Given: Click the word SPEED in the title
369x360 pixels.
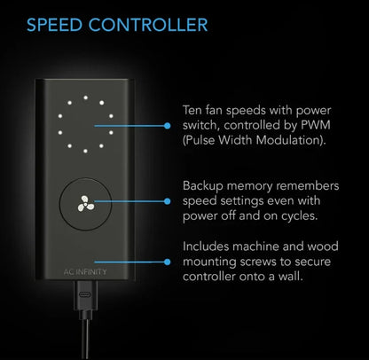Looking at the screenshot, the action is [54, 25].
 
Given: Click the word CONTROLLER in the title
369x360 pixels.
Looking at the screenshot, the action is [148, 25].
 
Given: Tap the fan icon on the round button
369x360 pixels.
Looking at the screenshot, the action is [86, 204].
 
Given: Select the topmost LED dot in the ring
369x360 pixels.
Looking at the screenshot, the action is [85, 98].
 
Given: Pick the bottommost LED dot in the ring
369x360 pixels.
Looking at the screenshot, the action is [85, 151].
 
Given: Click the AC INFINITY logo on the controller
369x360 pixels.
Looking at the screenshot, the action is [85, 271].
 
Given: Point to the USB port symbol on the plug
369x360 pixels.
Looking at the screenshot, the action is [85, 294].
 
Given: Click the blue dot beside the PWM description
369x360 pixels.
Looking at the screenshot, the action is [168, 126].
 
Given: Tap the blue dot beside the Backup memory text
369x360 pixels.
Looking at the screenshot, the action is [168, 201].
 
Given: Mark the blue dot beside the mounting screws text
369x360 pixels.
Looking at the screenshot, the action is [168, 262].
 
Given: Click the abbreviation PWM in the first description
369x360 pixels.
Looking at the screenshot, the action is [315, 125].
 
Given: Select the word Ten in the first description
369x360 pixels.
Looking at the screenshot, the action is [192, 110].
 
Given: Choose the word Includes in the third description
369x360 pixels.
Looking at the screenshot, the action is [206, 247].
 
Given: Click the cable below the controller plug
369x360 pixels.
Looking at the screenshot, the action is [85, 340].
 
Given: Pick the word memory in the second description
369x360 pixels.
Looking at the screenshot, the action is [249, 187].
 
